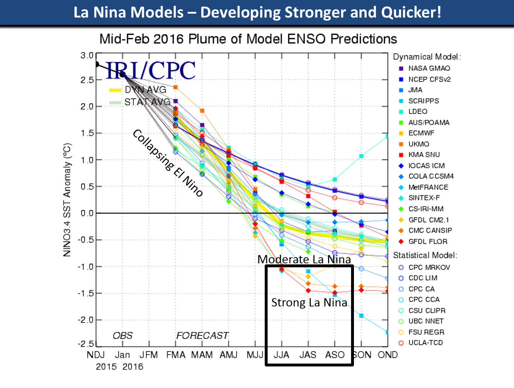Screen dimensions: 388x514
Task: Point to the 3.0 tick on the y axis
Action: (87, 56)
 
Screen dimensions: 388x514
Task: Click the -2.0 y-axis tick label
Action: (85, 320)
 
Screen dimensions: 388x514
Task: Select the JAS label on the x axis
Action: (308, 355)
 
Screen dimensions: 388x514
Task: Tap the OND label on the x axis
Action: (387, 355)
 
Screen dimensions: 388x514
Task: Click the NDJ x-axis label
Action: (96, 355)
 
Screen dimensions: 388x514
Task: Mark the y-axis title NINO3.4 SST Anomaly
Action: (67, 200)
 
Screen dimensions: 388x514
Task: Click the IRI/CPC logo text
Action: (151, 70)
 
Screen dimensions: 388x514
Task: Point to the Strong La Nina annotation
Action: (309, 302)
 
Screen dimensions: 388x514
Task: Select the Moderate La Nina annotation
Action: (304, 259)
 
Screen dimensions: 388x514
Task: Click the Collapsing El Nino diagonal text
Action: (168, 163)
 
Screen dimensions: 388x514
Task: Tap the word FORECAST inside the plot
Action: (202, 336)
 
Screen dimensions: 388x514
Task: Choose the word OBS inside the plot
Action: (123, 336)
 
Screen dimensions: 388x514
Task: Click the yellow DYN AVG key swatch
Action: (115, 90)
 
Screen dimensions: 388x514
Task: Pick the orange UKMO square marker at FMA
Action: (176, 87)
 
